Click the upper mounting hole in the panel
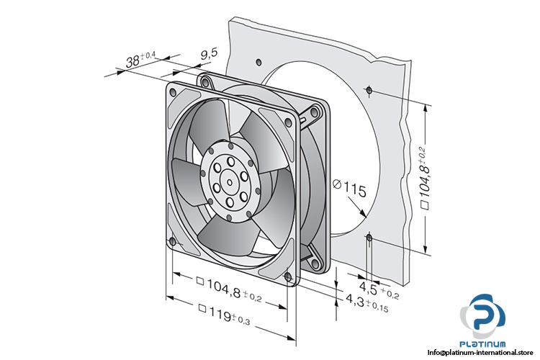(368, 90)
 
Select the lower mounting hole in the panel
(369, 237)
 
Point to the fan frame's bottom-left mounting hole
(171, 241)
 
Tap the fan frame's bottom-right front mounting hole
(287, 276)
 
